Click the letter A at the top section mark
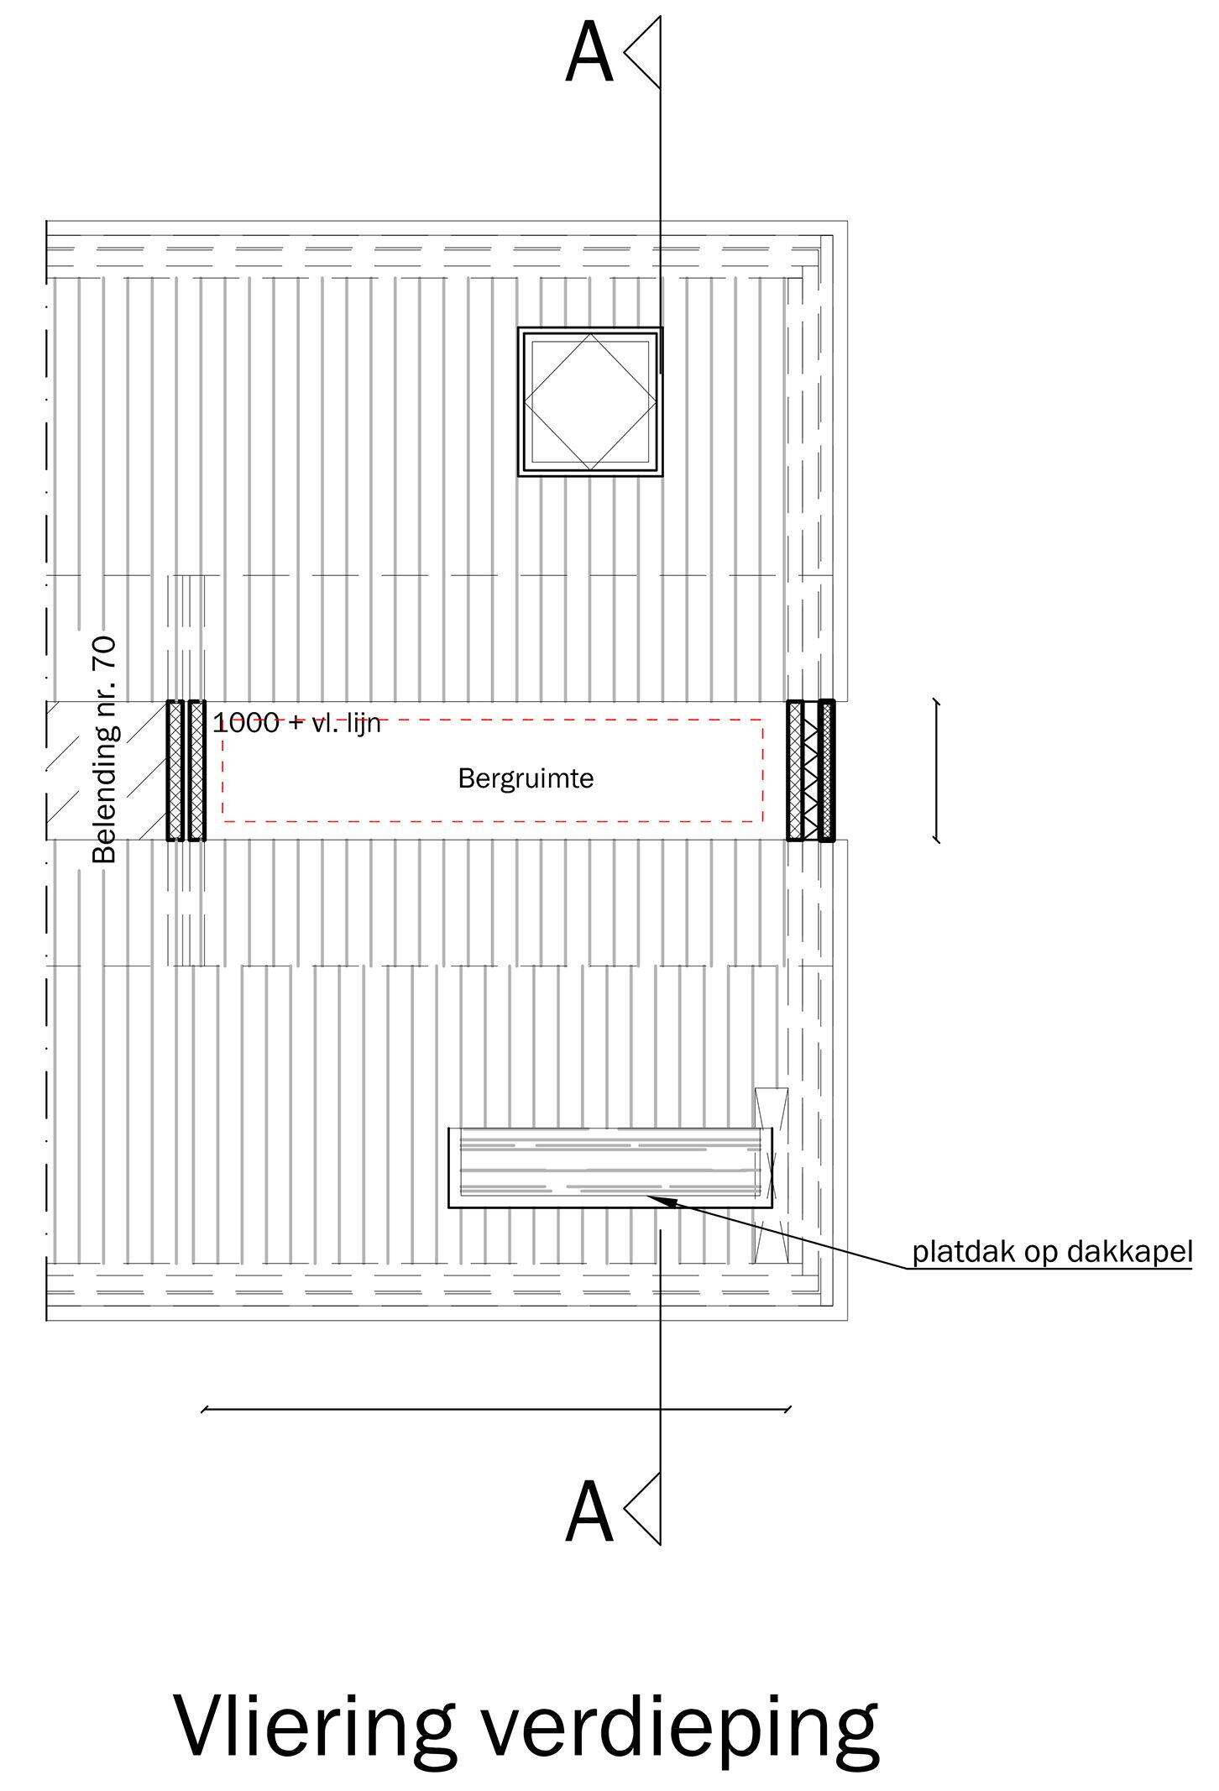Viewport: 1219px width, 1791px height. pyautogui.click(x=589, y=53)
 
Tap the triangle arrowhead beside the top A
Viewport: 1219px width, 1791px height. pyautogui.click(x=642, y=53)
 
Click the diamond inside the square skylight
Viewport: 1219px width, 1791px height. pyautogui.click(x=590, y=401)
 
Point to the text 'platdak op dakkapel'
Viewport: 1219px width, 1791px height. pyautogui.click(x=1053, y=1253)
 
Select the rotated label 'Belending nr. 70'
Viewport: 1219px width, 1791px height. pyautogui.click(x=105, y=750)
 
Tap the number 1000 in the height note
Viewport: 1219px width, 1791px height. pyautogui.click(x=245, y=722)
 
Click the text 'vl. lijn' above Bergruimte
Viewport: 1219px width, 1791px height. pyautogui.click(x=346, y=722)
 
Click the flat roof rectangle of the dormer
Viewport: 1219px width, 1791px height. pyautogui.click(x=610, y=1167)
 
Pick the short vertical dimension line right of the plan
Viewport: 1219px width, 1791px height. pyautogui.click(x=937, y=770)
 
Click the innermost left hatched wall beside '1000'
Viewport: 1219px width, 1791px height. pyautogui.click(x=197, y=770)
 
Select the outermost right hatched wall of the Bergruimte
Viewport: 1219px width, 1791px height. pyautogui.click(x=827, y=770)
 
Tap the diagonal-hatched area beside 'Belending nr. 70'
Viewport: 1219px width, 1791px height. pyautogui.click(x=106, y=770)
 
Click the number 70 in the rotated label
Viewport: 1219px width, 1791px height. pyautogui.click(x=105, y=652)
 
